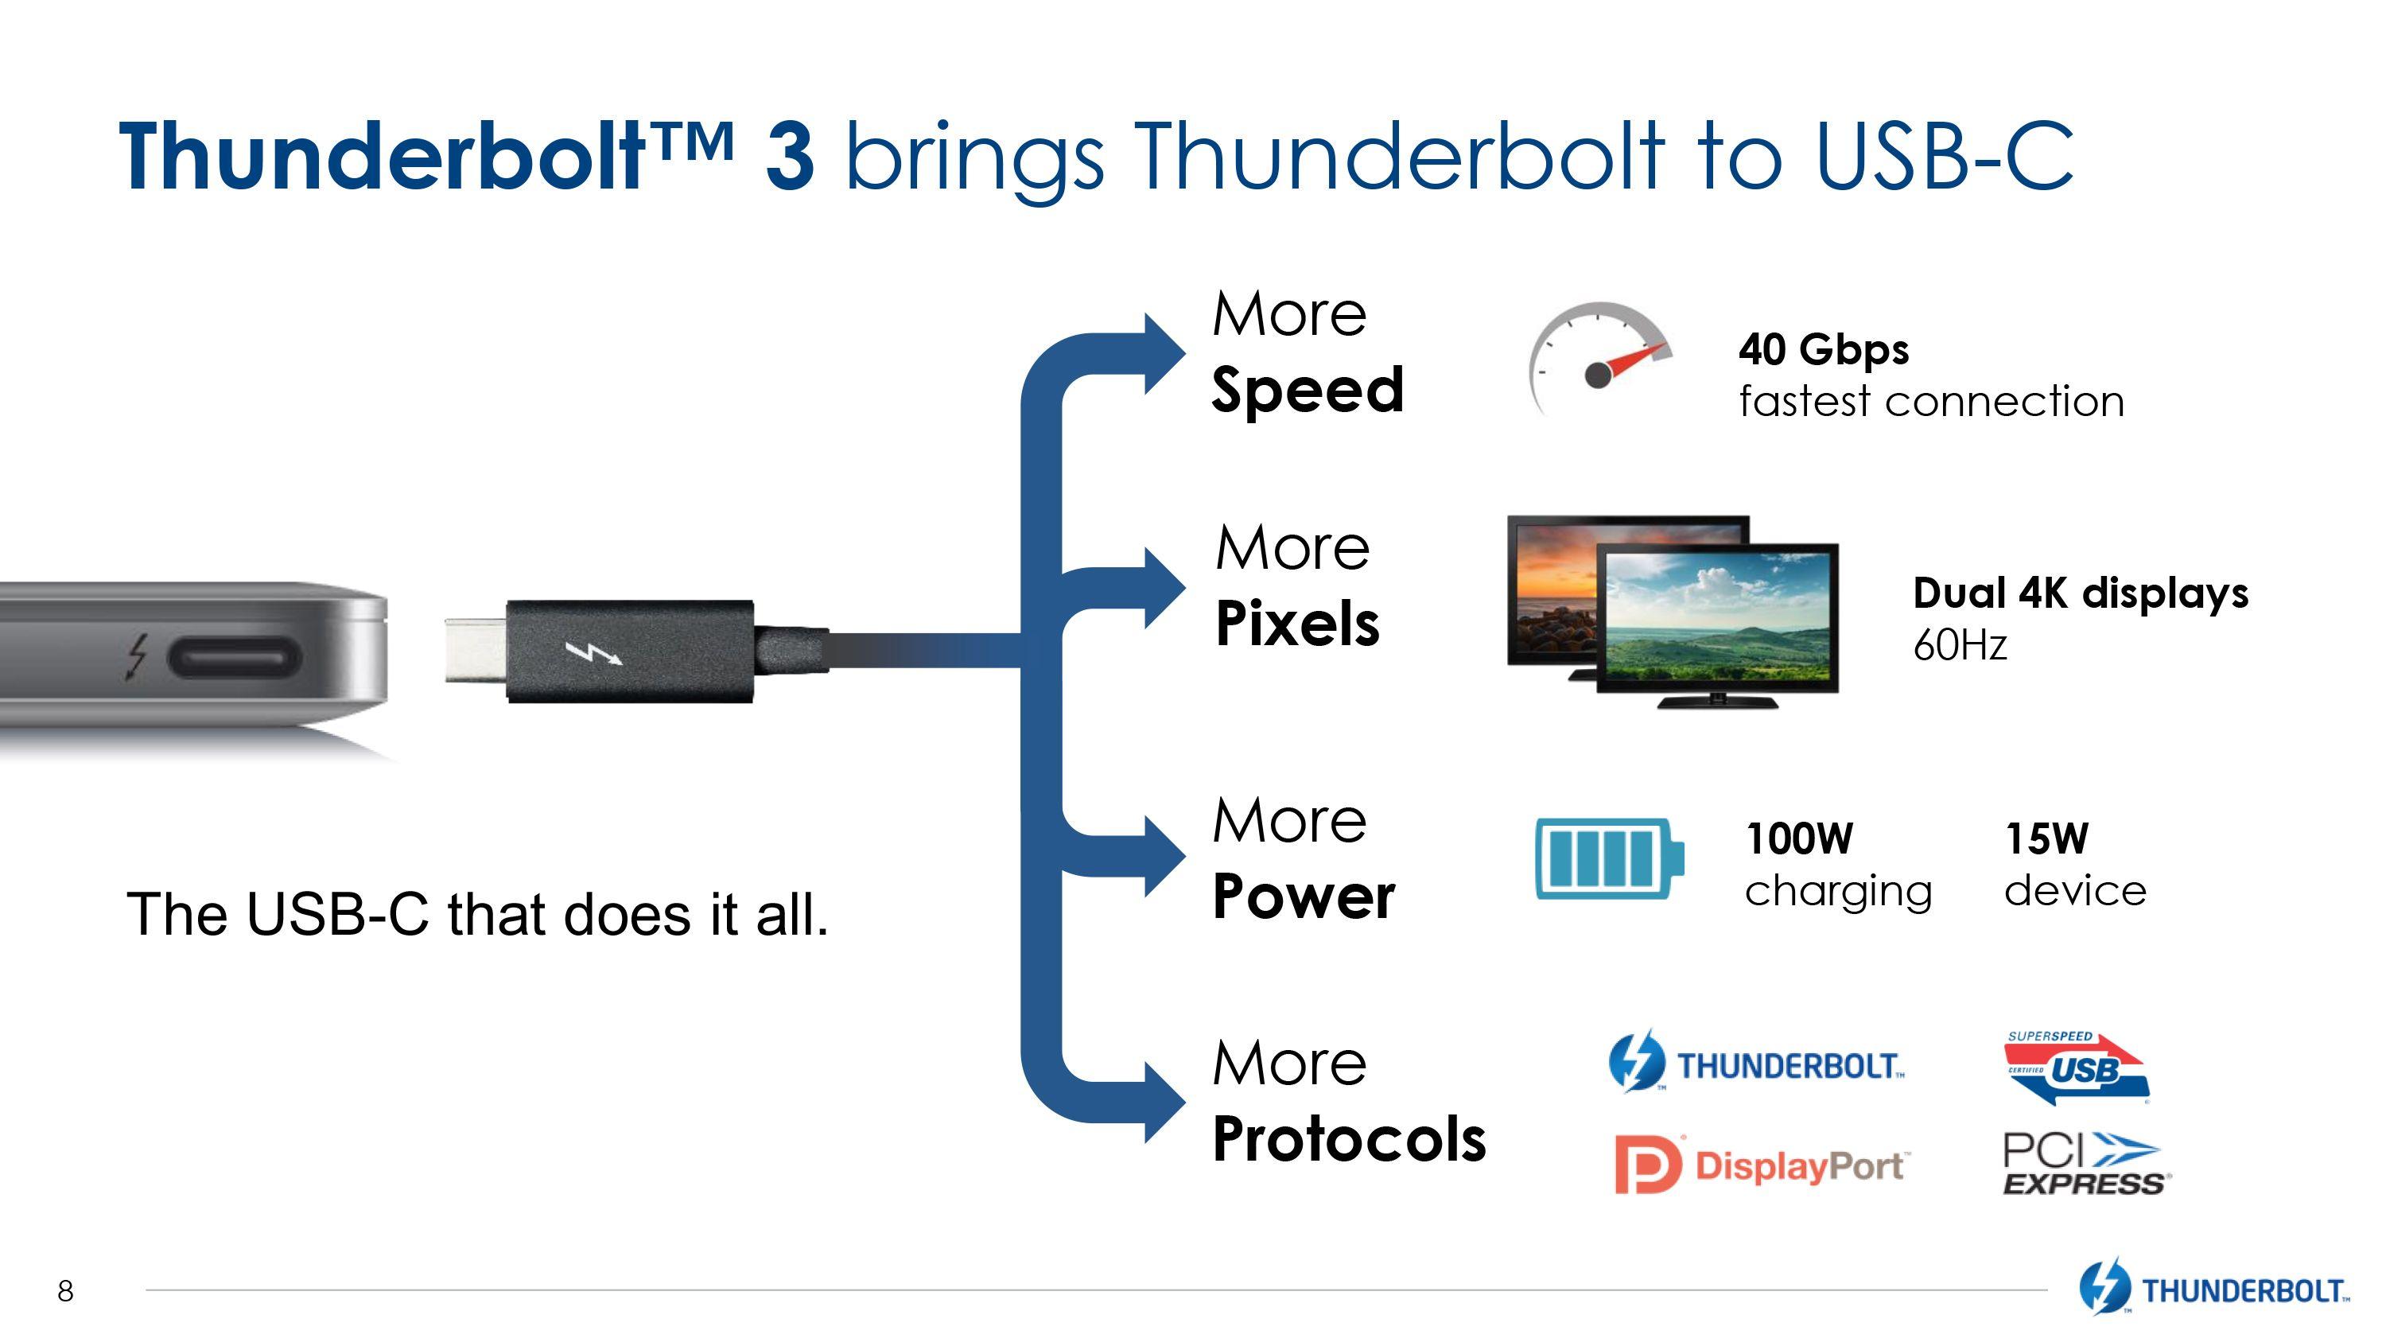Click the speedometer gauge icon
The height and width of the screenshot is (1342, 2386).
(x=1600, y=357)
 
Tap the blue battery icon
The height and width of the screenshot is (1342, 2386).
(x=1610, y=858)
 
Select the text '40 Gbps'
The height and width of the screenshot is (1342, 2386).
(x=1824, y=351)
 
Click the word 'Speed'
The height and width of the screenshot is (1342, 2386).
(x=1308, y=390)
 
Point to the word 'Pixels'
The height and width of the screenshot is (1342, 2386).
(x=1296, y=624)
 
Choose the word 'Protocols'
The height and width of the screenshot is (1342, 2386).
(x=1350, y=1138)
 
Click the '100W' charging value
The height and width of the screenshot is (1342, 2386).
(x=1799, y=839)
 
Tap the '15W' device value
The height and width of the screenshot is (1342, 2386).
(x=2047, y=839)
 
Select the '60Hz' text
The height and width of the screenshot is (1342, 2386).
(x=1960, y=645)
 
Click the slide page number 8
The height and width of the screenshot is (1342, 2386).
(x=65, y=1291)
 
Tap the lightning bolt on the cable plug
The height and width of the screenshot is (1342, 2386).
(x=594, y=653)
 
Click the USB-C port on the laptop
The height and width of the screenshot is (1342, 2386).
(x=235, y=659)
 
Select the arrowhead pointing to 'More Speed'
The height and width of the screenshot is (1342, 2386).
(x=1164, y=354)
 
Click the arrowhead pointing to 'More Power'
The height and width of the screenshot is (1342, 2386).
(x=1164, y=856)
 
